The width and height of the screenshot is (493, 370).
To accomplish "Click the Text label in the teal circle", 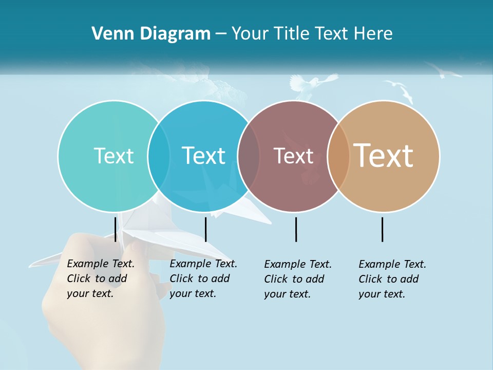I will [x=113, y=156].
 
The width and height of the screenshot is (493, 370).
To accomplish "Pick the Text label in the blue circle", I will [x=203, y=156].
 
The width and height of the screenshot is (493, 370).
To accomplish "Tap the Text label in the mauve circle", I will [x=293, y=156].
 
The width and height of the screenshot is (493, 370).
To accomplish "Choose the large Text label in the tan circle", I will [x=384, y=156].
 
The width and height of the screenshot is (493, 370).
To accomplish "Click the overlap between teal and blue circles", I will [x=159, y=156].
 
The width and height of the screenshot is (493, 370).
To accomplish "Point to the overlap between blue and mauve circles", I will [x=249, y=156].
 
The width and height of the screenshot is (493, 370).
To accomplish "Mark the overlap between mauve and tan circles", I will [x=338, y=156].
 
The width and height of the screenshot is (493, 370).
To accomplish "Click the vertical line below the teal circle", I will [x=116, y=229].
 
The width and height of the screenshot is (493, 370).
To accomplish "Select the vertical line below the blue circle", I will [x=205, y=229].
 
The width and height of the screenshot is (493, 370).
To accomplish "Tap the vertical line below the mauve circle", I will [x=296, y=229].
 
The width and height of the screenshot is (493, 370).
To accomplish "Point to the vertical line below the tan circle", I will [x=382, y=229].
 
